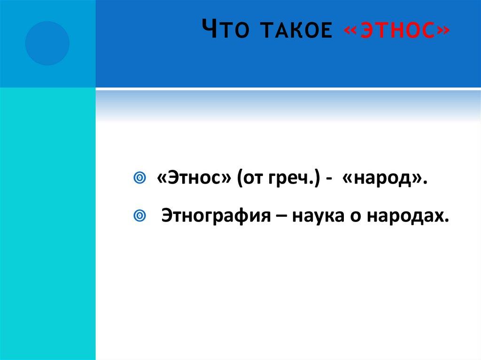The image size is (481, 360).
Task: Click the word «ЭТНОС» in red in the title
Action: pos(396,31)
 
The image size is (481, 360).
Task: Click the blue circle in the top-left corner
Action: pos(47,43)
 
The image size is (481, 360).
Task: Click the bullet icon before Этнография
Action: pos(139,215)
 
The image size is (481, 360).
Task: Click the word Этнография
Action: pos(221,215)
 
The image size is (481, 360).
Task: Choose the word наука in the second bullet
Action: pos(319,215)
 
